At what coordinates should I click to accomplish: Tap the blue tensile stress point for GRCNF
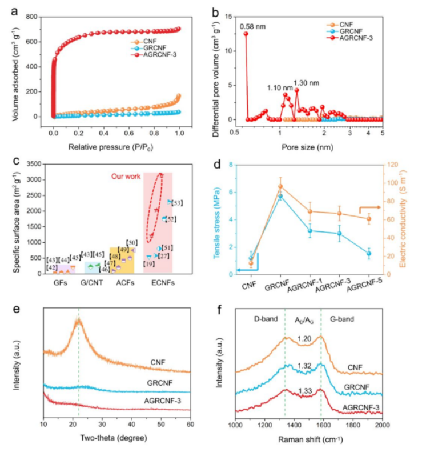(x=280, y=196)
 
